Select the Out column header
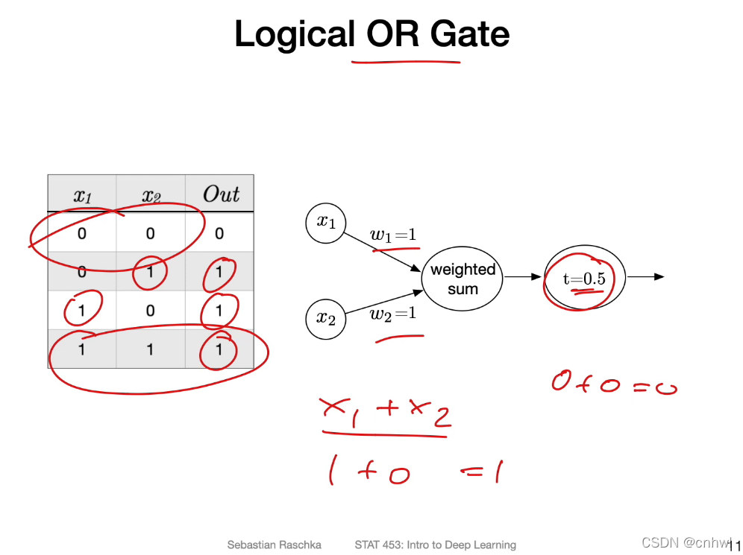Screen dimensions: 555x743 tap(220, 195)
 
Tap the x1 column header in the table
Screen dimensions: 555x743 tap(81, 196)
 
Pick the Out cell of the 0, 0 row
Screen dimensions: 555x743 tap(219, 234)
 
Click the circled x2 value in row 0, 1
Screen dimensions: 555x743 tap(150, 273)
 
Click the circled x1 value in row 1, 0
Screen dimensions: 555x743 tap(81, 311)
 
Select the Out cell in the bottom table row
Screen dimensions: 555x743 tap(219, 349)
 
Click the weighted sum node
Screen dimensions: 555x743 tap(463, 278)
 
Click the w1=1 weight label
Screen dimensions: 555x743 tap(393, 236)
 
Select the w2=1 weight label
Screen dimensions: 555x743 tap(393, 314)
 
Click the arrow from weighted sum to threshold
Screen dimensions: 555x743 tap(523, 277)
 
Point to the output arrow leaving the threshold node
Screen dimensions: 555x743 tap(645, 277)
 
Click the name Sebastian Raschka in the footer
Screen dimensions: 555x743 tap(274, 545)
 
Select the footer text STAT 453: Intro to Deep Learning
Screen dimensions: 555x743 tap(435, 545)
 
